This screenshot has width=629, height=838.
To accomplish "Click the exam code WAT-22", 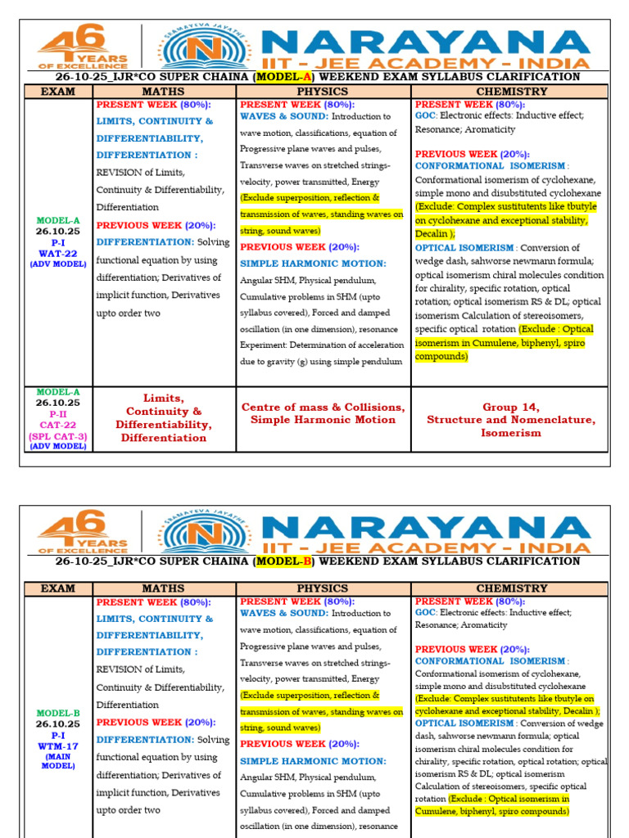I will [57, 253].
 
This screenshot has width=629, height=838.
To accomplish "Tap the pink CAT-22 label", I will [57, 426].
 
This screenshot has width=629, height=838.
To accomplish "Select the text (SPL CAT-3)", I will [57, 436].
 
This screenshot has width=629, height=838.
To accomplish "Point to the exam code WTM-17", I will [57, 746].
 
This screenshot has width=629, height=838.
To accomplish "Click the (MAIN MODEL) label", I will [57, 761].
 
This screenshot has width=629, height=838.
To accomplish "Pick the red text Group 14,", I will [511, 407].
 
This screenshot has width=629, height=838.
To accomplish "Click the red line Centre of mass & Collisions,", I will [323, 407].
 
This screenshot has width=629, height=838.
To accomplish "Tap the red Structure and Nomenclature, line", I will [511, 420].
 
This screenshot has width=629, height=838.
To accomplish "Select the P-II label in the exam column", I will [57, 414].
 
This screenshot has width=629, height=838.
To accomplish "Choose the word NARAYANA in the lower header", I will [430, 525].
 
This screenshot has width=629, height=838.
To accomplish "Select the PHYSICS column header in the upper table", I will [323, 92].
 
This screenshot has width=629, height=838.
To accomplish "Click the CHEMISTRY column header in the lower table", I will [511, 588].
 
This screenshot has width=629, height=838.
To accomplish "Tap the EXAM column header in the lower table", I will [57, 588].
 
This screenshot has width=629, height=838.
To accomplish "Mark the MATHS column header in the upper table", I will [163, 92].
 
